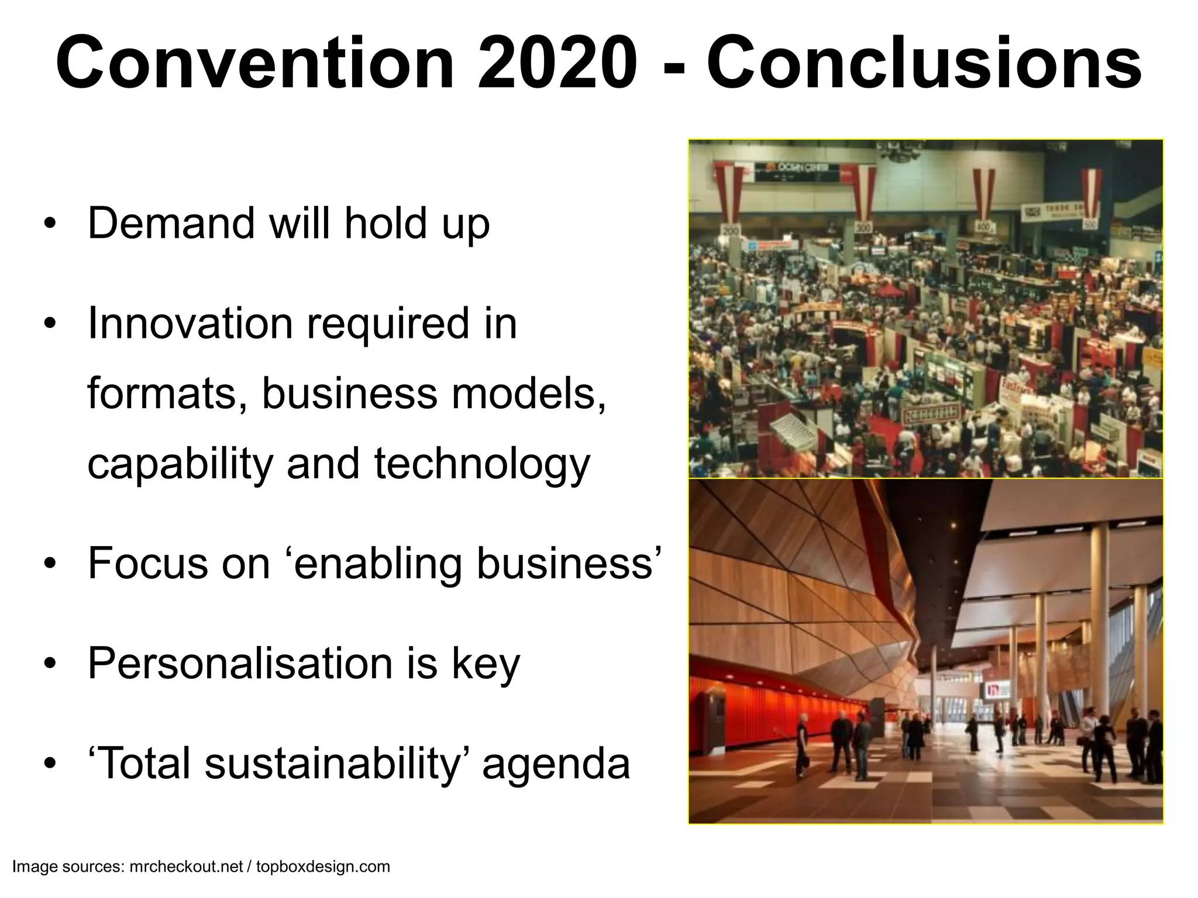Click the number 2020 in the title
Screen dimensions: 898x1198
(557, 63)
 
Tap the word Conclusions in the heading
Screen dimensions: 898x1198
(924, 63)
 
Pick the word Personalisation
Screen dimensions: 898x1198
(240, 664)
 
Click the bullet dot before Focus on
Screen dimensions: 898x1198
(51, 565)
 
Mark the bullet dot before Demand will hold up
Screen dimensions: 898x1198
(51, 224)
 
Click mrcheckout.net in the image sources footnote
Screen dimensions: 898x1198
(185, 866)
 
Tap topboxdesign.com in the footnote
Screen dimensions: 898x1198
(323, 866)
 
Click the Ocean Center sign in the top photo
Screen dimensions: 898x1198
(796, 170)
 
